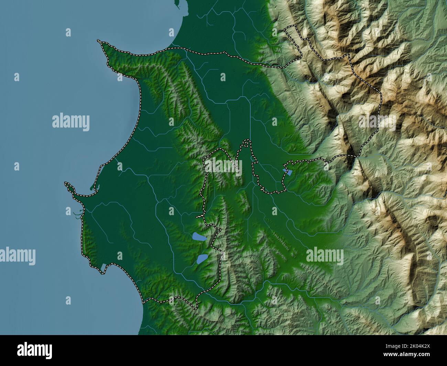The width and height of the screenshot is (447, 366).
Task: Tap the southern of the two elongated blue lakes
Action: (x=202, y=259)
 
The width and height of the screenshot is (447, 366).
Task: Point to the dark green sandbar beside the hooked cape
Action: (x=92, y=186)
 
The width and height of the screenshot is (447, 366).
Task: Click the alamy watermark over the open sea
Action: (x=71, y=122)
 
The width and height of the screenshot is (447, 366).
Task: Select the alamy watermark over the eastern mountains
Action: (x=377, y=121)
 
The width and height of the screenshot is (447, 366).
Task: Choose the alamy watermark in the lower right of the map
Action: (x=325, y=255)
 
